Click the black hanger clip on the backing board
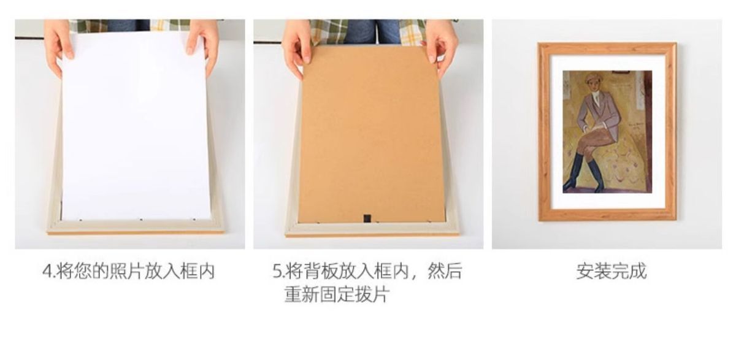367,218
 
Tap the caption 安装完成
611,271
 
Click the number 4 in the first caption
48,272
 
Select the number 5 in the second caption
277,272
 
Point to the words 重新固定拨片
337,294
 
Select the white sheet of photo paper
136,126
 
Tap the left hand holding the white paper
59,46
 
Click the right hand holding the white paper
203,44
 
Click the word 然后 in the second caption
445,272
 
